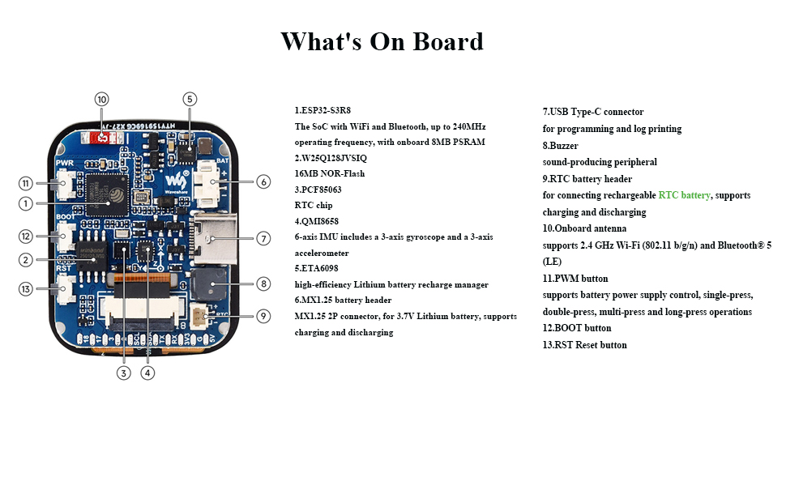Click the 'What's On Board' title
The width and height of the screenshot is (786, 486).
[382, 41]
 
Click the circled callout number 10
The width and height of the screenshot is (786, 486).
[101, 99]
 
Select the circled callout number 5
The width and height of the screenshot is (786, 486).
[190, 99]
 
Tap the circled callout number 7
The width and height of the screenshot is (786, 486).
[263, 238]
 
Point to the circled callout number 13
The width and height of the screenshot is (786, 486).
[26, 289]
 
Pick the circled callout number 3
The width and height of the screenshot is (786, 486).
[123, 373]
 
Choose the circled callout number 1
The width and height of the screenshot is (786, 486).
[26, 204]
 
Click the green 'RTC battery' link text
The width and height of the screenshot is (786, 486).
[684, 195]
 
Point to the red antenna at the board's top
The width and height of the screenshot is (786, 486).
[103, 139]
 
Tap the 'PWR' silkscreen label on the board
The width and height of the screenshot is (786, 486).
[65, 163]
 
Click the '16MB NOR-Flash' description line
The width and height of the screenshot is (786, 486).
[330, 173]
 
